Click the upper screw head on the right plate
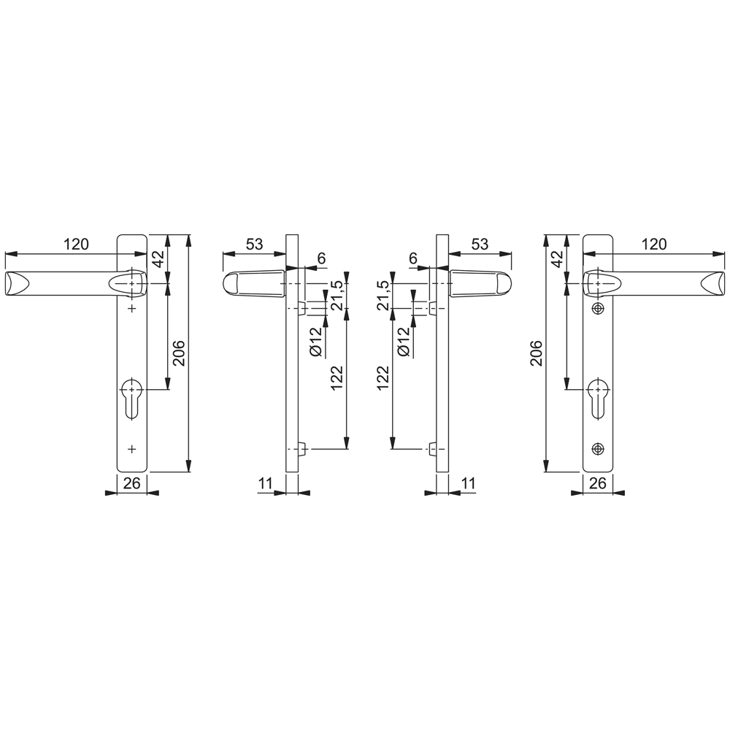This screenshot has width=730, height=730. coord(599,309)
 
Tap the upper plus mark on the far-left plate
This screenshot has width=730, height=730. coord(131,310)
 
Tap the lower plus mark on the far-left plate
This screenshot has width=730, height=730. coord(131,447)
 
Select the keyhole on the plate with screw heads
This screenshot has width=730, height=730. coord(599,398)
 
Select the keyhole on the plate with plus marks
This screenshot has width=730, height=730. coord(131,398)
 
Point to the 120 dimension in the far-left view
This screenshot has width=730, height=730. coord(76,245)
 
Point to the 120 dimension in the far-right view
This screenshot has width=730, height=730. coord(653,245)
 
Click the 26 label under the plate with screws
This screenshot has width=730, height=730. coord(597,483)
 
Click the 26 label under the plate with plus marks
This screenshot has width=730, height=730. coord(131,483)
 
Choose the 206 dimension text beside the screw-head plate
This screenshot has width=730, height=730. coord(537,353)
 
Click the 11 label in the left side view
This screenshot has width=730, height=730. coord(266,483)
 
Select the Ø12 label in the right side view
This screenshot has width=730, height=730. coord(403,342)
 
